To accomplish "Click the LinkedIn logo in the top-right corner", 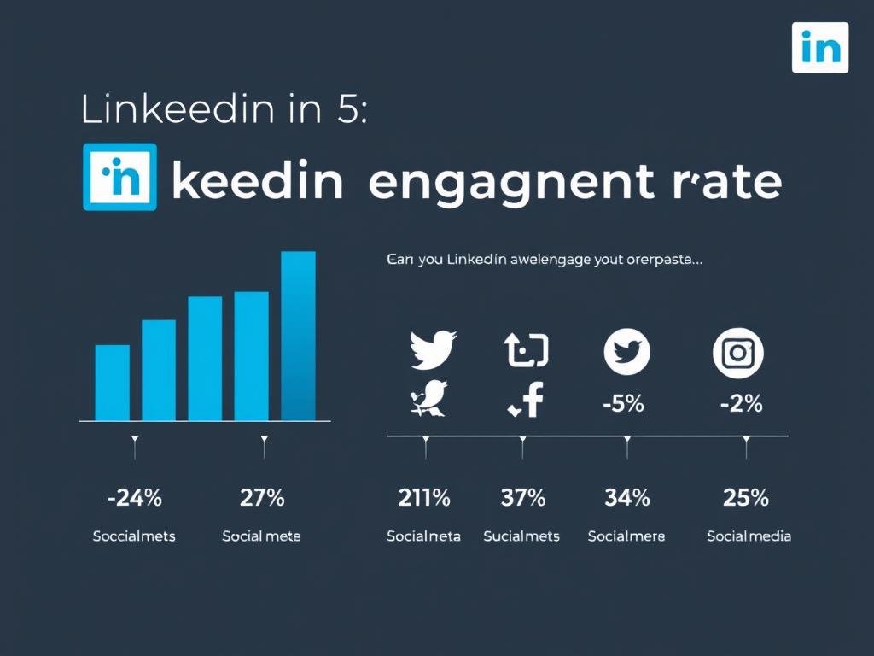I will click(820, 48).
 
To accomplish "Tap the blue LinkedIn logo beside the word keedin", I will click(119, 177).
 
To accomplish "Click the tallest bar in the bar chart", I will click(298, 336).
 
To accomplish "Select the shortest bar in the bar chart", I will click(113, 383).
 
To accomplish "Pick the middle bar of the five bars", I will click(205, 359).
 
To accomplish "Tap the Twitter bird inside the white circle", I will click(627, 352).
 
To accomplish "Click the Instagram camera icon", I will click(737, 352).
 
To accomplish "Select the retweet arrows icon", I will click(527, 351).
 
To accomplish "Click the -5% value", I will click(623, 403).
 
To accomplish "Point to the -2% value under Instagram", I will click(741, 403).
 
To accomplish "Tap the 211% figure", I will click(423, 498).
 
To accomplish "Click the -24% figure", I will click(134, 498).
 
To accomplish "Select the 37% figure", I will click(522, 498).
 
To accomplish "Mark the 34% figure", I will click(626, 498).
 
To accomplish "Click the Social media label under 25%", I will click(749, 536).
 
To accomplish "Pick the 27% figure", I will click(262, 498).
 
